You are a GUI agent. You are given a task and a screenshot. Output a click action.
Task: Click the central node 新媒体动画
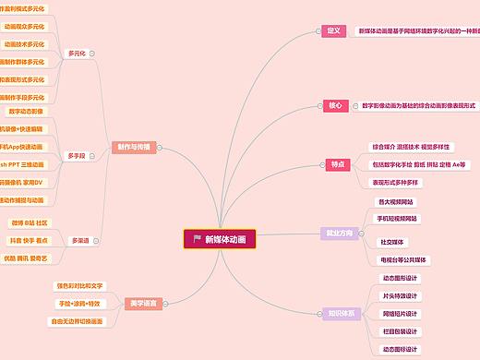pos(220,239)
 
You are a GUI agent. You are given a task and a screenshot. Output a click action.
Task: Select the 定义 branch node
pos(334,30)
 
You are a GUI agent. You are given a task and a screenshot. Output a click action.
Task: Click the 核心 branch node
pos(334,105)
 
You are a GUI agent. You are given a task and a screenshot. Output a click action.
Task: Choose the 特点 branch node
pos(337,164)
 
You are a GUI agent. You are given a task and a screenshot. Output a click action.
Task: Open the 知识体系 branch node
pos(341,312)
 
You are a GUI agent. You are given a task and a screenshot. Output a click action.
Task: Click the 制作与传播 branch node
pos(135,147)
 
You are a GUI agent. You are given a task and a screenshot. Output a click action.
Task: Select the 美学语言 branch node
pos(143,303)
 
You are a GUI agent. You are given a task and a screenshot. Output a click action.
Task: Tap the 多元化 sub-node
pos(77,53)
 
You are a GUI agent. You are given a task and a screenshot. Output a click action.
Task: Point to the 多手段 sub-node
pos(77,156)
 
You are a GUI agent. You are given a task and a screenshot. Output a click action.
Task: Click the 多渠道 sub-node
pos(80,240)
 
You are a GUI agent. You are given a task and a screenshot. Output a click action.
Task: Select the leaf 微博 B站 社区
pos(29,222)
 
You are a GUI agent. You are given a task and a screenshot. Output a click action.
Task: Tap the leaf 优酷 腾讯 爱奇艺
pos(28,258)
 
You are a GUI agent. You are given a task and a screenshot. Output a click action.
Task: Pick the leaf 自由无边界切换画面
pos(78,321)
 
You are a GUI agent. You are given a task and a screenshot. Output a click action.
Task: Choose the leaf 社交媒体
pos(391,242)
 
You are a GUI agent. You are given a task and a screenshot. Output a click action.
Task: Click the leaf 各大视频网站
pos(396,201)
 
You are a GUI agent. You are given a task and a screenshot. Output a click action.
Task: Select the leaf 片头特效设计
pos(400,296)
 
